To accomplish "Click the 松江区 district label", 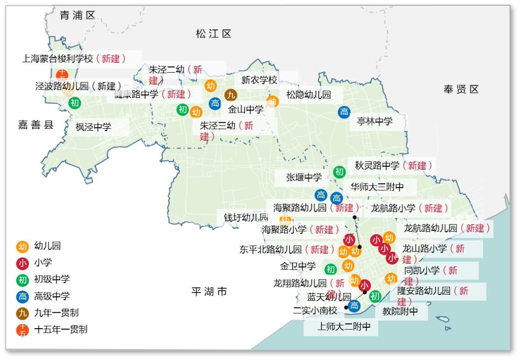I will [213, 34].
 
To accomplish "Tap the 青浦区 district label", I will [78, 15].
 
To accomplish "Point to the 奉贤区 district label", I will [461, 89].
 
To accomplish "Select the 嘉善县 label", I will [36, 125].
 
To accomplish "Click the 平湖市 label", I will [209, 292].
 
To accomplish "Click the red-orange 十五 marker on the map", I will [62, 75].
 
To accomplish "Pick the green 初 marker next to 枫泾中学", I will [75, 103].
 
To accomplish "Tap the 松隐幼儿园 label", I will [309, 95].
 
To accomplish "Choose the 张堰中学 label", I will [304, 177].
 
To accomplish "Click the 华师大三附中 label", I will [377, 187].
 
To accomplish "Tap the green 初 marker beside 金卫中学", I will [330, 269].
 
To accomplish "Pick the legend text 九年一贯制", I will [56, 313].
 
